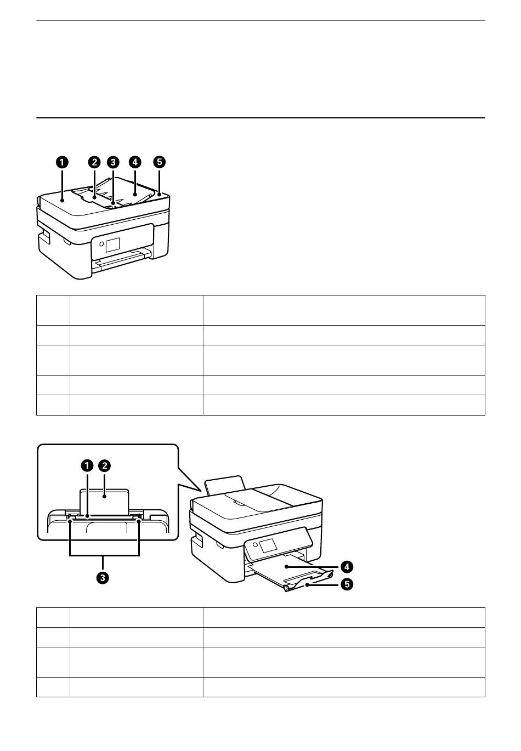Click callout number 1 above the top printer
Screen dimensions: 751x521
(x=61, y=162)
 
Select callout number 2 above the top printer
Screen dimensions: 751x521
(x=94, y=162)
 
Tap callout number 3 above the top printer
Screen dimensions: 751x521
(x=113, y=162)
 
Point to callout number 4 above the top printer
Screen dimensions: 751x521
(x=134, y=162)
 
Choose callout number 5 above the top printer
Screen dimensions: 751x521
(x=159, y=162)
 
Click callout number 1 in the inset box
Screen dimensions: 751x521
(x=87, y=466)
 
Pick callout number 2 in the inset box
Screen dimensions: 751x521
(x=104, y=466)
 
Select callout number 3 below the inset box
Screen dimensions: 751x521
(x=104, y=577)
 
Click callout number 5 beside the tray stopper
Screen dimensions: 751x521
(x=346, y=585)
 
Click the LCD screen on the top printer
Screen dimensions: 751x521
(x=116, y=244)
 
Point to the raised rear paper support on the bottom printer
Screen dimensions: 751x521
(x=225, y=485)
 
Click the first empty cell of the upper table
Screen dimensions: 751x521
(x=53, y=310)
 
